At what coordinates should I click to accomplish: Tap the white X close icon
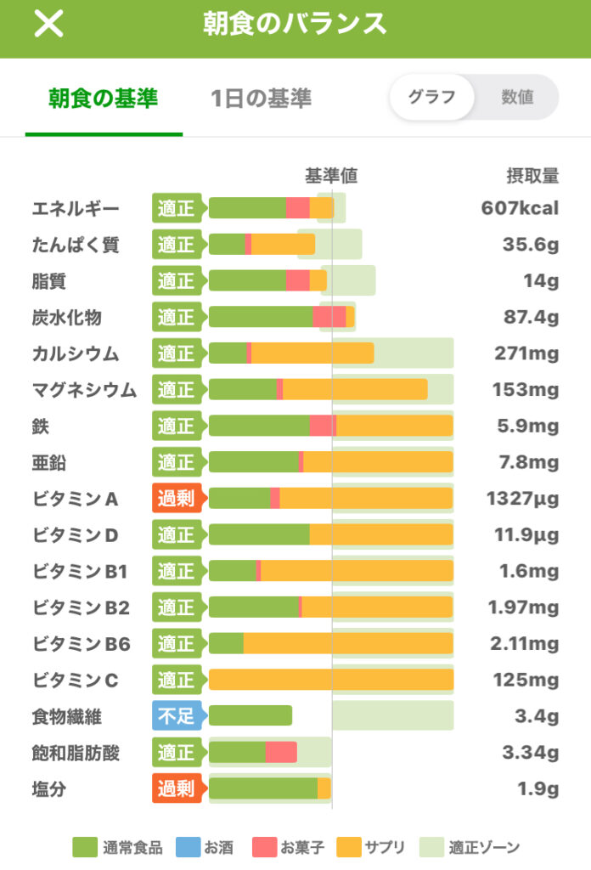pos(48,24)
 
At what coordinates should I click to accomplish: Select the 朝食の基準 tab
pos(103,99)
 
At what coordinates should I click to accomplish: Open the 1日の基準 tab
pos(261,99)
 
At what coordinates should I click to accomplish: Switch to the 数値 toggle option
pos(516,97)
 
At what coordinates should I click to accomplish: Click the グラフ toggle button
pos(431,97)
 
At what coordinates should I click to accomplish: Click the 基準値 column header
pos(331,176)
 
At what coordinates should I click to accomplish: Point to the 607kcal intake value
pos(520,208)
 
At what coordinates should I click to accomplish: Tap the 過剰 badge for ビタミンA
pos(177,499)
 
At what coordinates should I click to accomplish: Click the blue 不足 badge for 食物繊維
pos(177,716)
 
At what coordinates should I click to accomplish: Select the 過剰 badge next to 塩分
pos(177,789)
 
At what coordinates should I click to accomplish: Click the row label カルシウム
pos(76,353)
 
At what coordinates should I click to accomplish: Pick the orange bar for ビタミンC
pos(331,680)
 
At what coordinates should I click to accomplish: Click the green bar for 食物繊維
pos(250,716)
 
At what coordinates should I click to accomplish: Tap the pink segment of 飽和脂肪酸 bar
pos(281,753)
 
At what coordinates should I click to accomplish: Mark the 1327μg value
pos(522,499)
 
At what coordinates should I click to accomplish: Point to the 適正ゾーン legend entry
pos(472,847)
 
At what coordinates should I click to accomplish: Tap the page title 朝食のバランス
pos(295,24)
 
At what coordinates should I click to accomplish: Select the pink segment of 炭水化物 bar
pos(329,317)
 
